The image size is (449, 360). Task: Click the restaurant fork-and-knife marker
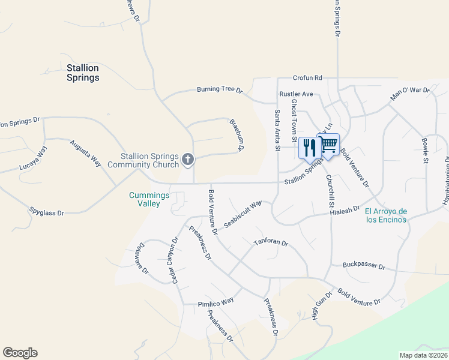[x=310, y=148]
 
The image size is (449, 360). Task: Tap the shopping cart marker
[x=328, y=145]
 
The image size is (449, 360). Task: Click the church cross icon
[x=188, y=160]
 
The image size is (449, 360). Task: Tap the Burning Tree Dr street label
[x=219, y=90]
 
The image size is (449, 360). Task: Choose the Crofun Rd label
[x=308, y=78]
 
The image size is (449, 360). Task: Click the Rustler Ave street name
[x=297, y=94]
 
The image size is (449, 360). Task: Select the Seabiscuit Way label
[x=243, y=214]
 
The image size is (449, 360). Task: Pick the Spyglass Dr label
[x=46, y=211]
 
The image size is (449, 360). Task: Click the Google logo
[x=20, y=353]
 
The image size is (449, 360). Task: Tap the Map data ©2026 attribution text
[x=424, y=355]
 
